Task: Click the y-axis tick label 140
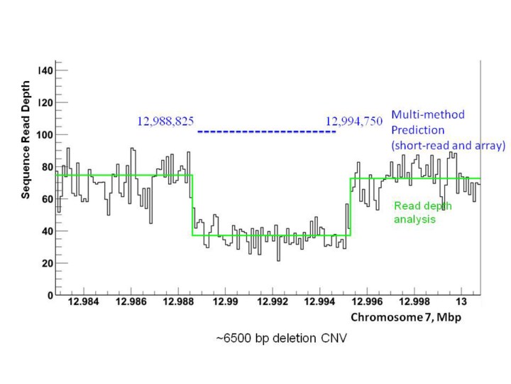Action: coord(45,71)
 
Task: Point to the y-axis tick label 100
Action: coord(45,135)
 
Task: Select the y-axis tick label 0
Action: coord(50,295)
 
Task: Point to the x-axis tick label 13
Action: coord(461,303)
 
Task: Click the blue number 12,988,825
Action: coord(165,122)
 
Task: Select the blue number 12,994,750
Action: coord(353,122)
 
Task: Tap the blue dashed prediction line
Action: coord(266,132)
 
